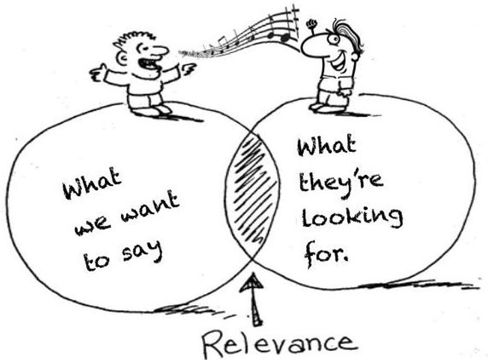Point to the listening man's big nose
(313, 47)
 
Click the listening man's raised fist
(312, 24)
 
